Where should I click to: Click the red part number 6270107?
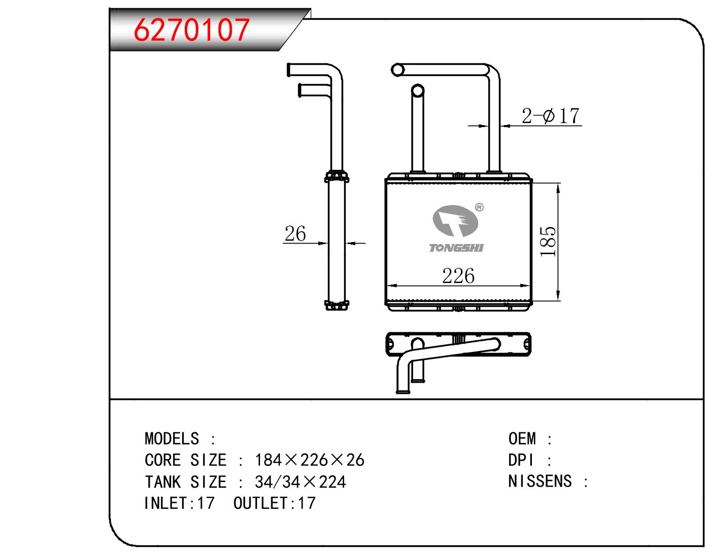192,30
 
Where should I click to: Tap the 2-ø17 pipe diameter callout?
550,115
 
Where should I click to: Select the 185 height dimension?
548,242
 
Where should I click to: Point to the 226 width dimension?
458,275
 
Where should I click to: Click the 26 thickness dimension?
295,233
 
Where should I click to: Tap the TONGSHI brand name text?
456,248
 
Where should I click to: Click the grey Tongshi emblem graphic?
455,221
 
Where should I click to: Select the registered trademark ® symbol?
480,207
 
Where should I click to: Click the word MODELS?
172,439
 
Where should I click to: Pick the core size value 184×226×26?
310,460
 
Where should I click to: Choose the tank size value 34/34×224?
300,482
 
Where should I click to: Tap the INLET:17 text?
179,503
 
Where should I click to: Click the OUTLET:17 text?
274,503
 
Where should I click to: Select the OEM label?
522,439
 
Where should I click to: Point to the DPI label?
521,460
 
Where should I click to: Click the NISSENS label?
540,482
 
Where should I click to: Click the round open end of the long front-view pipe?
397,70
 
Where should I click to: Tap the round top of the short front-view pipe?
418,91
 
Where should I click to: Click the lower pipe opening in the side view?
300,91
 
